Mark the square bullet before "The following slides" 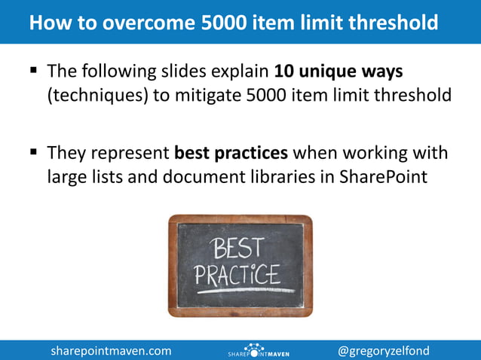coord(33,73)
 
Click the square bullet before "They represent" coord(33,153)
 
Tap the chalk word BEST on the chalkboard coord(240,248)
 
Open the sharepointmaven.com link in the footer coord(111,350)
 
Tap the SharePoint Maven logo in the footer coord(259,350)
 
